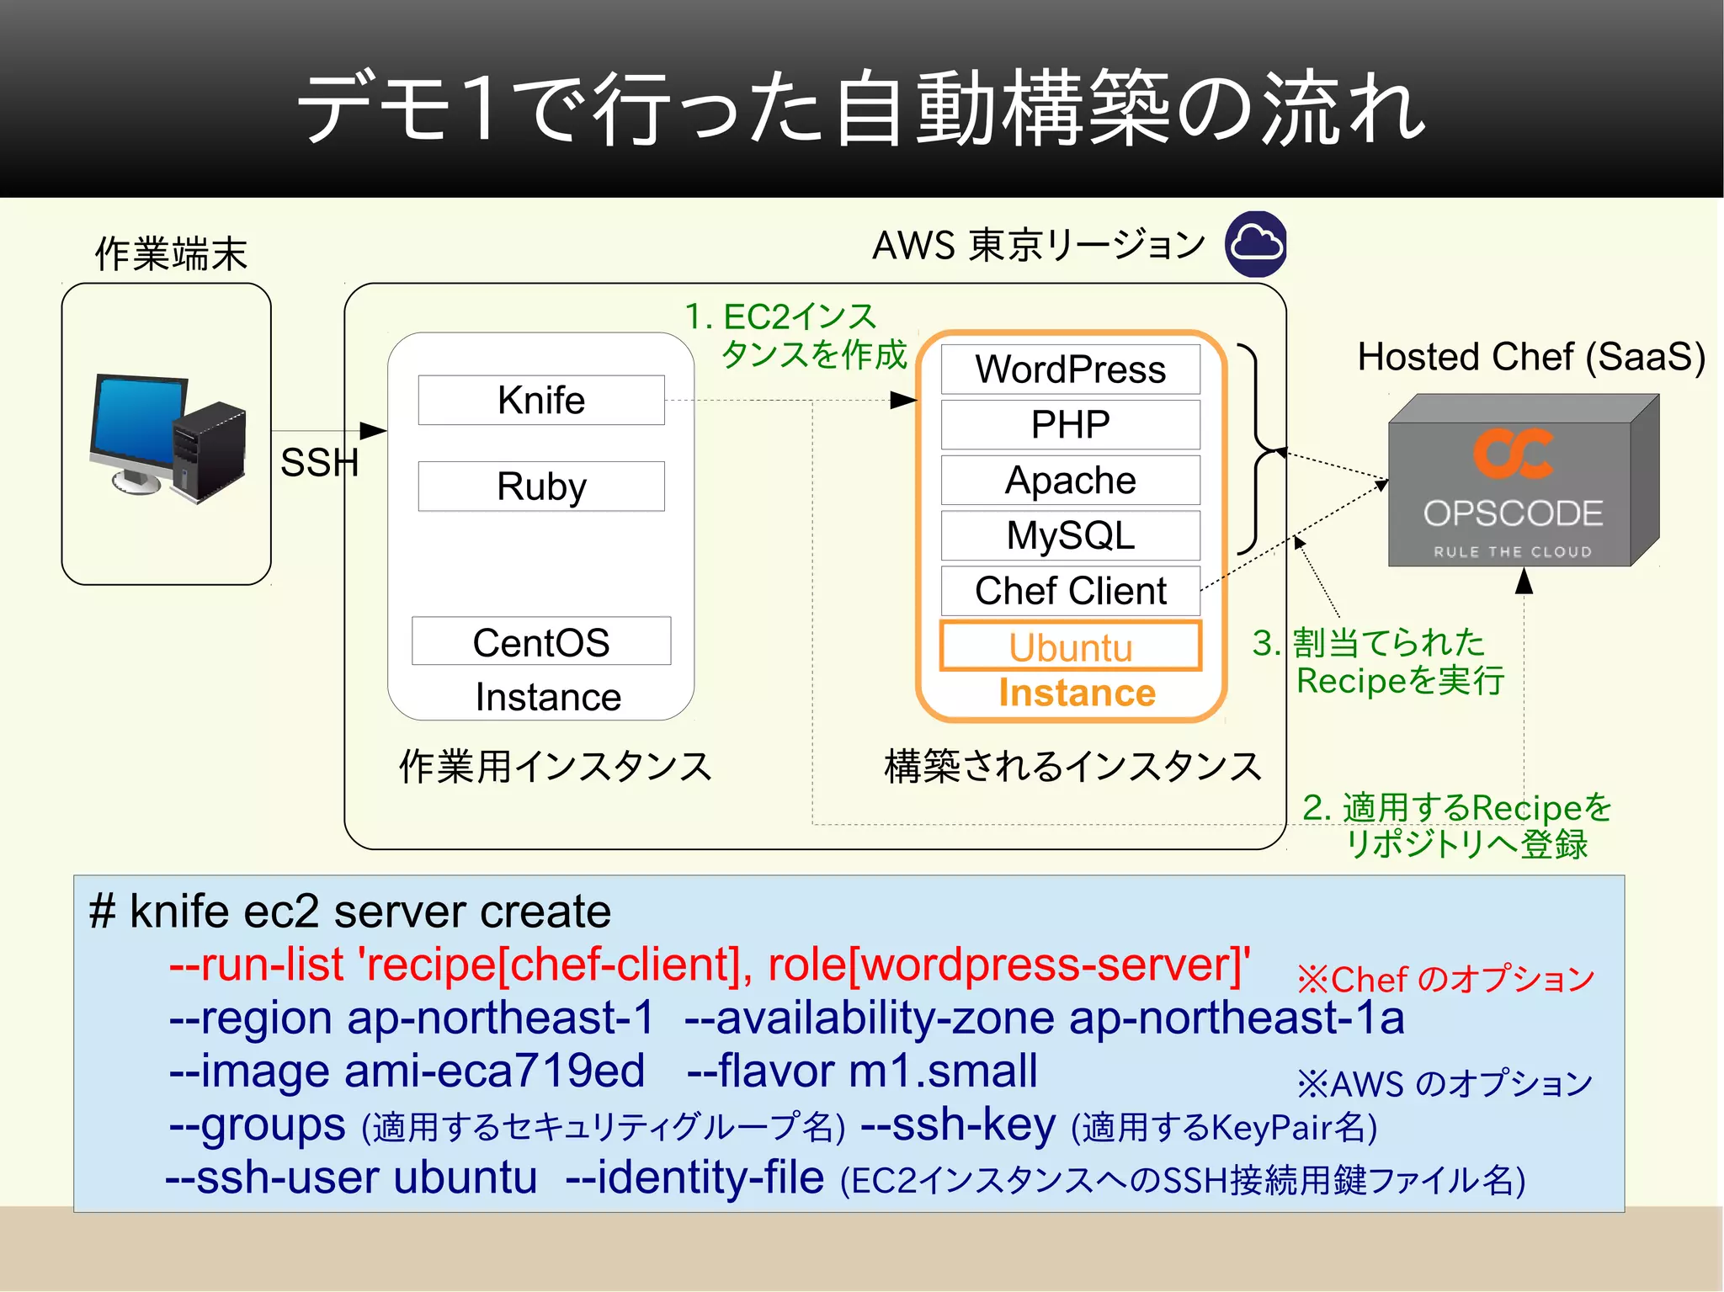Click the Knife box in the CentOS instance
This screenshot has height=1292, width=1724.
click(541, 400)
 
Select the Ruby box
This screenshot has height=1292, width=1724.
click(541, 486)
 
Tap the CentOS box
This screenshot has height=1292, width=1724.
click(541, 641)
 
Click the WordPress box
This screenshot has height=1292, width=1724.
click(1070, 370)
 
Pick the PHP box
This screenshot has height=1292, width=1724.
click(1070, 424)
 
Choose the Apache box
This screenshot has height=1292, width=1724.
click(1070, 480)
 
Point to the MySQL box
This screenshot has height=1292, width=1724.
click(1070, 535)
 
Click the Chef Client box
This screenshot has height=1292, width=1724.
click(1070, 591)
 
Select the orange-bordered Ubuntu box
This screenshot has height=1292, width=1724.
click(1070, 646)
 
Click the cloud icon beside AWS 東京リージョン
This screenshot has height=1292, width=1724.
click(1256, 245)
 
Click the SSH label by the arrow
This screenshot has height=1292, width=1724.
click(319, 462)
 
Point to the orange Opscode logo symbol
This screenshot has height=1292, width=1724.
click(1513, 455)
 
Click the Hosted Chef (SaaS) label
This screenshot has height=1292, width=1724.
click(1530, 356)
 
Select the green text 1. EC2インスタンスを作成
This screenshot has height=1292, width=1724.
click(795, 335)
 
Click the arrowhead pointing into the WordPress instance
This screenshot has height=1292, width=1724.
click(904, 400)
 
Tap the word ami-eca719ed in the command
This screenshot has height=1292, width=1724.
click(494, 1071)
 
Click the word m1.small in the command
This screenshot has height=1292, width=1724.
click(943, 1071)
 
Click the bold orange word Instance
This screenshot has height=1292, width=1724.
click(1077, 693)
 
